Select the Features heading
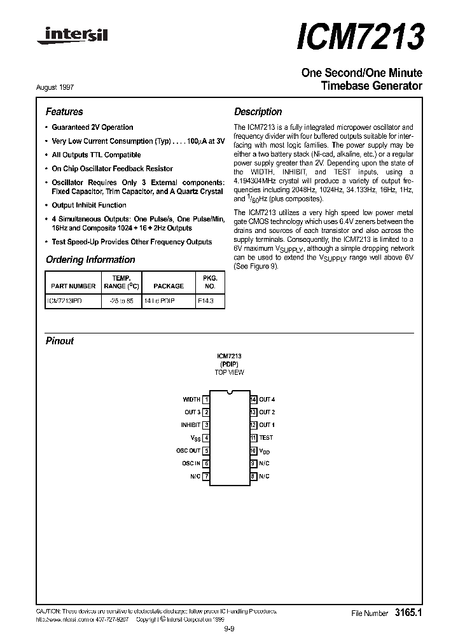click(64, 111)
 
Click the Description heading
click(258, 111)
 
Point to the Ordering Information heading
click(90, 260)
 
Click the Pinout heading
click(60, 341)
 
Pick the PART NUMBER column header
click(73, 286)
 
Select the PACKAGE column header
click(169, 286)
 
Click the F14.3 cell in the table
click(205, 299)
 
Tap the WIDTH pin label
click(191, 400)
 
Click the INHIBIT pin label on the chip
click(190, 424)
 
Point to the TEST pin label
click(266, 438)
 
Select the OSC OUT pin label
click(188, 451)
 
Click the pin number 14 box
click(253, 400)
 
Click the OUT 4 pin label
click(267, 400)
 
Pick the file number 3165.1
click(409, 613)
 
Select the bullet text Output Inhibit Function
click(89, 205)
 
